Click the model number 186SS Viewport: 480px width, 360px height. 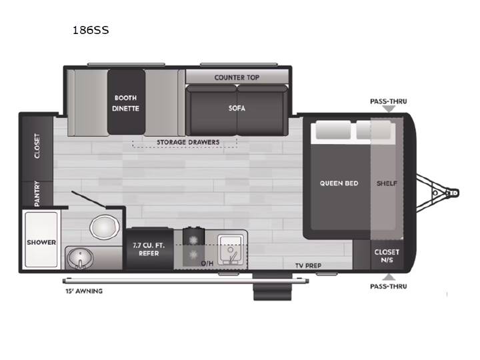click(91, 30)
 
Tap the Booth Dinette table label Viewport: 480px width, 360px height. click(125, 103)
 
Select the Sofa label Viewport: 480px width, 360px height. click(237, 108)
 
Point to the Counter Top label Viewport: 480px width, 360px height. click(237, 77)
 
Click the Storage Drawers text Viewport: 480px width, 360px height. click(188, 142)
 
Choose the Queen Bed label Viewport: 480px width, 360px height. click(339, 183)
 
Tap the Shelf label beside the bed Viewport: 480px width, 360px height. click(387, 183)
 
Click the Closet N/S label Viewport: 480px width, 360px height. click(387, 256)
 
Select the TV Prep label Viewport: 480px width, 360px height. click(308, 265)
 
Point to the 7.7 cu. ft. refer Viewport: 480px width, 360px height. click(149, 249)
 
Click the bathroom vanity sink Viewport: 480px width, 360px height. click(79, 257)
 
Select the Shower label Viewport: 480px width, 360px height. click(41, 242)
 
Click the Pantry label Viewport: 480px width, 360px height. click(37, 193)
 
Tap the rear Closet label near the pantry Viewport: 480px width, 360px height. click(37, 146)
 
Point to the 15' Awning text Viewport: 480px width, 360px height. click(84, 291)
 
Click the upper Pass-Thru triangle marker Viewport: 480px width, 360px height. click(389, 109)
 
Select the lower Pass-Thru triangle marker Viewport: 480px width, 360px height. click(389, 277)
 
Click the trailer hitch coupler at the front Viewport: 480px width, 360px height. click(453, 193)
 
